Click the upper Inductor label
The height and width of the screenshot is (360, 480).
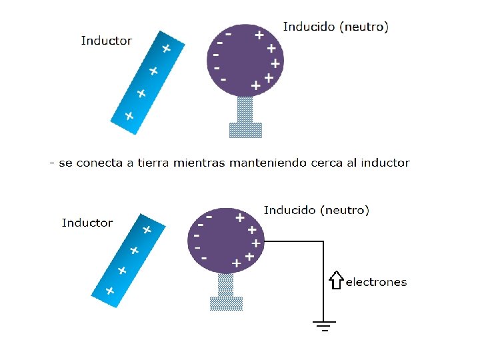(x=107, y=41)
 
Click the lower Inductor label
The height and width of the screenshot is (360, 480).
(x=87, y=223)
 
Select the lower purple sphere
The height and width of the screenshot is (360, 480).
(x=226, y=240)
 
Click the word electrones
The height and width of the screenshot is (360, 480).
(x=376, y=282)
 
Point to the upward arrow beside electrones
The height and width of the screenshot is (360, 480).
(x=336, y=280)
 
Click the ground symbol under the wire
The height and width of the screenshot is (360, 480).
(x=324, y=326)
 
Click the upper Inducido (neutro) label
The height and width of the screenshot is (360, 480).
(x=336, y=27)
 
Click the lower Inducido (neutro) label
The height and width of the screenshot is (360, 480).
(x=316, y=210)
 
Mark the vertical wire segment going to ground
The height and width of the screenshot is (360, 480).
(x=324, y=280)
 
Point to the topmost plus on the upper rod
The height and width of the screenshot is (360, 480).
(x=166, y=49)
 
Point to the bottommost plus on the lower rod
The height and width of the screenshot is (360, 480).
(x=109, y=291)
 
